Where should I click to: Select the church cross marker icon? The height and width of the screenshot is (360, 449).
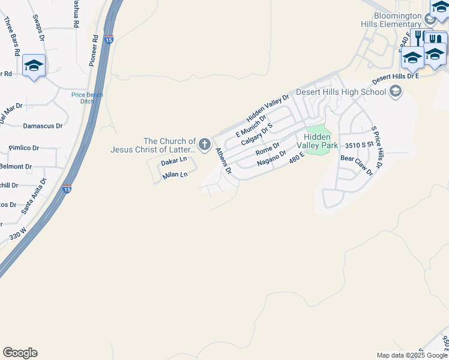[x=205, y=144]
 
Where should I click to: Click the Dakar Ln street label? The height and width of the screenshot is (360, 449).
[x=174, y=162]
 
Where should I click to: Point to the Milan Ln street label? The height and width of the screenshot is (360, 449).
[x=175, y=175]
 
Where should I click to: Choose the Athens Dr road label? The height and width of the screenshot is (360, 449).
[x=223, y=160]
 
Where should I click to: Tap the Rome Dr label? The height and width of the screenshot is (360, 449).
[x=268, y=148]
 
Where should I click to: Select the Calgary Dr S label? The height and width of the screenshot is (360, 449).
[x=257, y=135]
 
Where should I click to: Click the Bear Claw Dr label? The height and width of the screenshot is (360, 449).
[x=357, y=166]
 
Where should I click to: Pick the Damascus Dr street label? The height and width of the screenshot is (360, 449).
[x=43, y=126]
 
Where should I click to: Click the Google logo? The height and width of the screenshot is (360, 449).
[x=20, y=353]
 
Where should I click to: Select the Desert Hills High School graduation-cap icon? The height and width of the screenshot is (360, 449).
[x=395, y=91]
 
